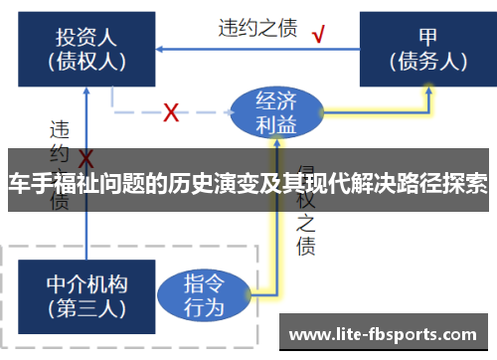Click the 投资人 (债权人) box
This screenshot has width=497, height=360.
pos(85,48)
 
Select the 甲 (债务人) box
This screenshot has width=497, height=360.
pos(427,48)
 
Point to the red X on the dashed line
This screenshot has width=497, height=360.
pos(171,111)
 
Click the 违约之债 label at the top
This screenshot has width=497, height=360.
pos(257,27)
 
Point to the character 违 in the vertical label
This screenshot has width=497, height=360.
pos(60,129)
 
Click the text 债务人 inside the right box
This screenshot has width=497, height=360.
pos(427,60)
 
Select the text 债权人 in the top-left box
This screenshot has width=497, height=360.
pos(85,60)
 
